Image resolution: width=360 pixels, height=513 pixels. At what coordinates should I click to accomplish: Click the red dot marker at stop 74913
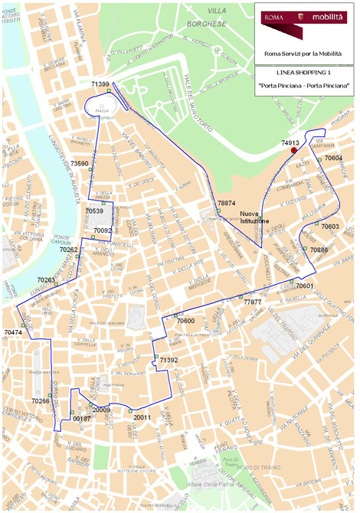[x=293, y=151]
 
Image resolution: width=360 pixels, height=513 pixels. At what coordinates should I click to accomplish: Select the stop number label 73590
[x=80, y=164]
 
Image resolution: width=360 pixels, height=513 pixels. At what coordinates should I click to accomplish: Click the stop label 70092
[x=103, y=230]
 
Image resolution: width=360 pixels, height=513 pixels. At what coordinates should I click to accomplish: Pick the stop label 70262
[x=68, y=250]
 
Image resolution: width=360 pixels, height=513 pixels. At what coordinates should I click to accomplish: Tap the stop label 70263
[x=46, y=280]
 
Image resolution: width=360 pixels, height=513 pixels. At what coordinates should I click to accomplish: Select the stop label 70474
[x=13, y=332]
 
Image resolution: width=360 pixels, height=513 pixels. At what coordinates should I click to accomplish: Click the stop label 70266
[x=41, y=400]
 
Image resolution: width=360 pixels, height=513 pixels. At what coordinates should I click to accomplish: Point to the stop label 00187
[x=81, y=420]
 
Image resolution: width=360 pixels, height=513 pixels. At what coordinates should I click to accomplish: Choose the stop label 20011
[x=142, y=418]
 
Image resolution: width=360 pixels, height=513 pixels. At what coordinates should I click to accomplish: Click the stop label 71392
[x=169, y=359]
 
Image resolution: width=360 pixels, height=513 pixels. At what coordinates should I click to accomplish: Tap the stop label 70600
[x=185, y=321]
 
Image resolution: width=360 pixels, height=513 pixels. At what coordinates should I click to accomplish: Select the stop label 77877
[x=253, y=302]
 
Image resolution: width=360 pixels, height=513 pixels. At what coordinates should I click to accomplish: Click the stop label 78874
[x=226, y=203]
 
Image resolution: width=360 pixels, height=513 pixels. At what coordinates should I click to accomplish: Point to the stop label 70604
[x=333, y=158]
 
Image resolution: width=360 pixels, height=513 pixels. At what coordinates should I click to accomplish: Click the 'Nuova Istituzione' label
[x=254, y=217]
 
